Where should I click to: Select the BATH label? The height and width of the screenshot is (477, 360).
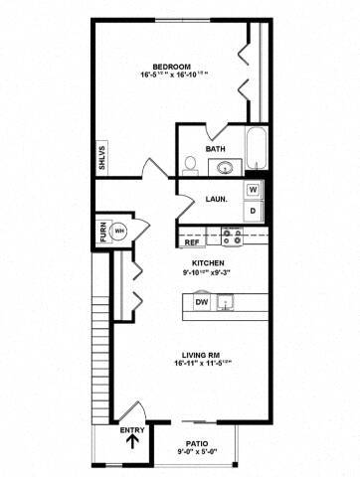(x=216, y=149)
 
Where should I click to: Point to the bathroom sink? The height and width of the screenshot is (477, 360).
(x=226, y=166)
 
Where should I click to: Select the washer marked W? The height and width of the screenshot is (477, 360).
(x=253, y=190)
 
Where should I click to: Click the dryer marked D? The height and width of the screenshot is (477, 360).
(x=253, y=211)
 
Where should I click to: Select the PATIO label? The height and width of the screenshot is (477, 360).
(x=196, y=445)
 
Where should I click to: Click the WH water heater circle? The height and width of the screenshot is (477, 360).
(x=119, y=230)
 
